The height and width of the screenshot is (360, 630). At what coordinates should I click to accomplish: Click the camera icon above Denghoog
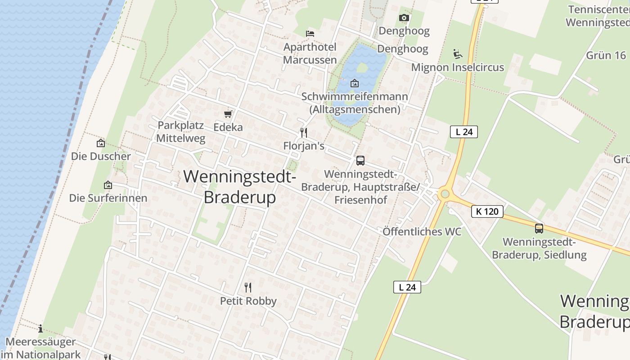(x=404, y=18)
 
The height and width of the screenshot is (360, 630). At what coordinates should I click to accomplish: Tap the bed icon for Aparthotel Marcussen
(x=310, y=33)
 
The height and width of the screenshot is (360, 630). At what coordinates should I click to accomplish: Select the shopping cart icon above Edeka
(x=228, y=114)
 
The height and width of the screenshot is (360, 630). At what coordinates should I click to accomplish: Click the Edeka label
(x=228, y=127)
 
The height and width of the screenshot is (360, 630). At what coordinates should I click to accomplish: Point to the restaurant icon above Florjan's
(x=304, y=132)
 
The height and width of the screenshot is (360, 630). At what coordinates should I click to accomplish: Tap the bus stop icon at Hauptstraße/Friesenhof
(x=360, y=161)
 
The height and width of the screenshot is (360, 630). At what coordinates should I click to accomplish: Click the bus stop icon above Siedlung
(x=539, y=229)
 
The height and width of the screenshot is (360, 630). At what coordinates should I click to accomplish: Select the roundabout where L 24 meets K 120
(x=445, y=194)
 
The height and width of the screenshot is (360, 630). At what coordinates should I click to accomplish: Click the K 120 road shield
(x=487, y=211)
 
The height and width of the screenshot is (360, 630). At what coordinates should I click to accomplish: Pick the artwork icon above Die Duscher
(x=101, y=143)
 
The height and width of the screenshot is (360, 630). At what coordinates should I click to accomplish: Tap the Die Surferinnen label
(x=108, y=198)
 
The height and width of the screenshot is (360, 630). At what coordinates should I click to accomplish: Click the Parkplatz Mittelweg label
(x=181, y=132)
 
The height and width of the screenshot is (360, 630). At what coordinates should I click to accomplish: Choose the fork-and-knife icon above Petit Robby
(x=248, y=287)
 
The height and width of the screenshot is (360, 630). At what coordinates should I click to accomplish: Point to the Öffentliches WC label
(x=422, y=232)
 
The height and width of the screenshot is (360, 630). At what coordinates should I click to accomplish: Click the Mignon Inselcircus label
(x=458, y=67)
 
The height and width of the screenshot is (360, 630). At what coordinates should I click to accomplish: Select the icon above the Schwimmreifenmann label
(x=355, y=83)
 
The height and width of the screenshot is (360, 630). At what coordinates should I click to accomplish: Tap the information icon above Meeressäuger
(x=40, y=328)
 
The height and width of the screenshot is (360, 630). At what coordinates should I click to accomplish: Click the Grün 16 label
(x=606, y=55)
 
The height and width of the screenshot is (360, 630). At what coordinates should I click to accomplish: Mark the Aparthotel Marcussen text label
(x=310, y=54)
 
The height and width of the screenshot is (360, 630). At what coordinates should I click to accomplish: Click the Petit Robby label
(x=248, y=301)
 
